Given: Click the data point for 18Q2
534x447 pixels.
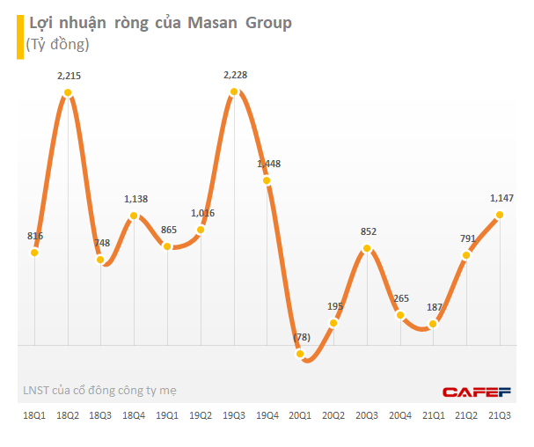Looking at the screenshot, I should (x=68, y=92).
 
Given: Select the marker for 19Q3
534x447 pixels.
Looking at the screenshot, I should (x=234, y=91).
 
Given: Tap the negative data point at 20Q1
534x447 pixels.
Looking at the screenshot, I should (x=301, y=355).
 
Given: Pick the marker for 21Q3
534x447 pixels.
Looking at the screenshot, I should (x=500, y=214).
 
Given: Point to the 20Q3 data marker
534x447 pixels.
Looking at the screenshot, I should (x=367, y=249).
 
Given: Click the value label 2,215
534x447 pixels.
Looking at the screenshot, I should (x=69, y=77).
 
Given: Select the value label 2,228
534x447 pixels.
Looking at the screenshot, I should (x=234, y=75).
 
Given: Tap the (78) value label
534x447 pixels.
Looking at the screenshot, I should (x=300, y=338).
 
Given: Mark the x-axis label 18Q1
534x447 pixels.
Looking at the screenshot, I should (x=33, y=415).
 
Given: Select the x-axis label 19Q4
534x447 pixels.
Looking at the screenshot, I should (x=267, y=415).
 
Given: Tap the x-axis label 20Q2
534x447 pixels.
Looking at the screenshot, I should (x=333, y=415).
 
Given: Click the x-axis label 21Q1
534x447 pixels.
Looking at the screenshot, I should (x=433, y=415).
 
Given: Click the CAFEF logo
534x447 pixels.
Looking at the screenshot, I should (x=476, y=391).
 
